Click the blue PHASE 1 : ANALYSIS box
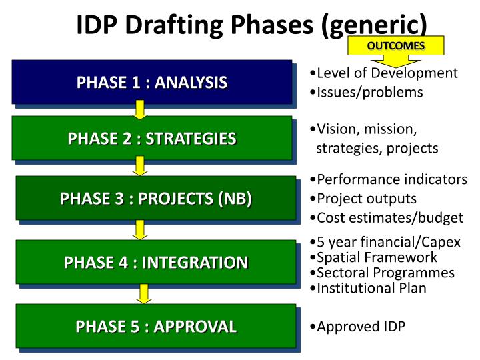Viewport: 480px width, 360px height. tap(152, 82)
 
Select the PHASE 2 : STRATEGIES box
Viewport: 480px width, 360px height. tap(152, 138)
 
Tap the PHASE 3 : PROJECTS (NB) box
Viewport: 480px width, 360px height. tap(156, 198)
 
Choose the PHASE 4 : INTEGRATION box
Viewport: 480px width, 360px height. tap(156, 262)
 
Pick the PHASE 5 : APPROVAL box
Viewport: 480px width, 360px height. tap(156, 326)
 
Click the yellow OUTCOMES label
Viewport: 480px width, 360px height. tap(396, 46)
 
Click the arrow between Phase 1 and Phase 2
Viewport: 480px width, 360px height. tap(139, 109)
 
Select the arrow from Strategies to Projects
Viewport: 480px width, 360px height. tap(139, 165)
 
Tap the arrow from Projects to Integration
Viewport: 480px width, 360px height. tap(139, 229)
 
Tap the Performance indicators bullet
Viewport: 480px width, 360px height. tap(391, 179)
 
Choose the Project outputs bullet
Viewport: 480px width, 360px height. tap(366, 199)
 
